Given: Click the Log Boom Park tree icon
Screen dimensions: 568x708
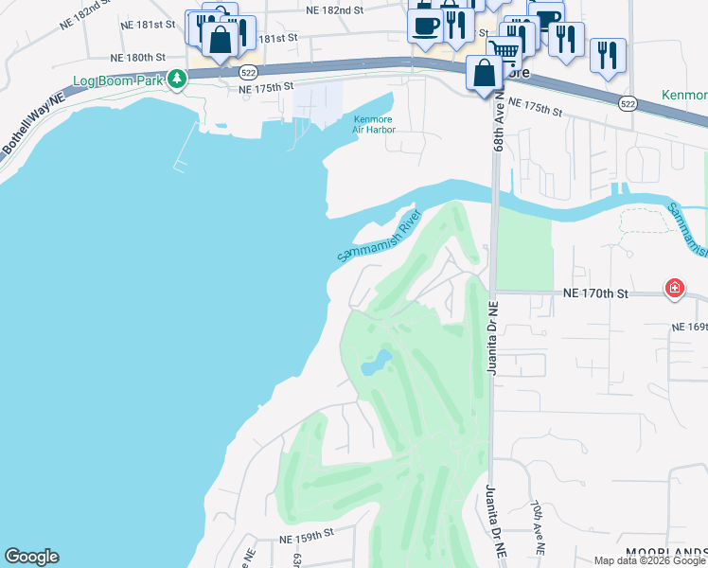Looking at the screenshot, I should pos(176,79).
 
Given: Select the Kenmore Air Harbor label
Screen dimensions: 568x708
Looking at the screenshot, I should pos(372,124).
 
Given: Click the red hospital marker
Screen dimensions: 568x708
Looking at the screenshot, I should pos(674,288).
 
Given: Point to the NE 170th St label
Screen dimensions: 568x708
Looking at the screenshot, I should pos(596,293).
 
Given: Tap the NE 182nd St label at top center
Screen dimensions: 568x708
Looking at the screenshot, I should pos(335,9).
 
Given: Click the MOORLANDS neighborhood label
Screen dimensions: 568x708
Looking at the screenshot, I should pos(665,552).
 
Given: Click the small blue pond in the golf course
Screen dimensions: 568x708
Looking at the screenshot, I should pos(377,361).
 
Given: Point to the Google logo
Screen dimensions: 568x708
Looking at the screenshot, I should pos(31,557).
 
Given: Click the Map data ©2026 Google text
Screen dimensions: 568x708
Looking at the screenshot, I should pos(649,560).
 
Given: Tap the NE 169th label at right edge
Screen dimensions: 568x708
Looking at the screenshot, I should pos(689,327).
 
